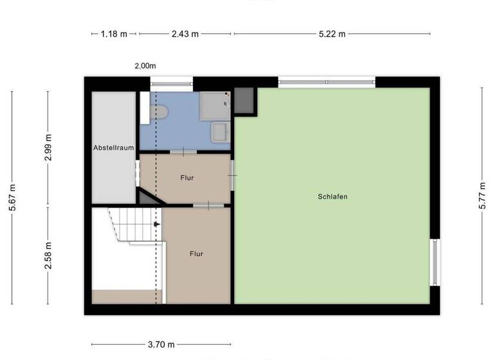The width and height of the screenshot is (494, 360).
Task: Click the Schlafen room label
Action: pos(332,197)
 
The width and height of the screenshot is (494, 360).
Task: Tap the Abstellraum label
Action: pos(114,148)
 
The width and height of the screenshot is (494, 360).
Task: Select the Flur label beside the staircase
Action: pos(196,254)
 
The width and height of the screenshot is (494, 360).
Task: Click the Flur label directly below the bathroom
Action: pos(187,178)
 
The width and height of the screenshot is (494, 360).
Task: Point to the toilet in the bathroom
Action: pos(158,113)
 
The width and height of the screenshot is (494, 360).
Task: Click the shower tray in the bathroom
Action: pos(215,105)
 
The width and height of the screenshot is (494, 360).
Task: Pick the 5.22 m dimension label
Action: pos(333,34)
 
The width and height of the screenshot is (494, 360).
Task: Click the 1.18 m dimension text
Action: pos(114,34)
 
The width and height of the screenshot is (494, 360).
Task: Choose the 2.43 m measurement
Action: pos(185,34)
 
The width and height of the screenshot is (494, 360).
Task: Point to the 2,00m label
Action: pos(145,66)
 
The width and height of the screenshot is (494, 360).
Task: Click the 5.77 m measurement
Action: pos(482,197)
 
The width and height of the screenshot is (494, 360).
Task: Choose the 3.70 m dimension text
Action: pos(161,345)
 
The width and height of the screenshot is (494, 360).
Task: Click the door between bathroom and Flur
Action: pos(183,152)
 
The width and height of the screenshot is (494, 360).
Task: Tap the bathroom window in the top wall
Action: pos(171,81)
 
